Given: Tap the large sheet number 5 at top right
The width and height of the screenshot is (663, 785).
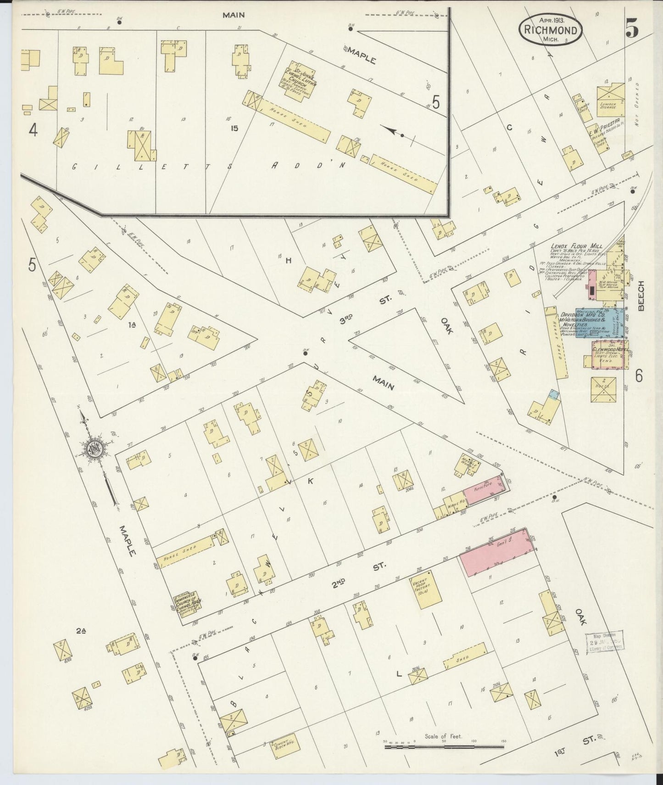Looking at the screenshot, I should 632,28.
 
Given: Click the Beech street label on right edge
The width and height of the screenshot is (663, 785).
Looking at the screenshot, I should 641,296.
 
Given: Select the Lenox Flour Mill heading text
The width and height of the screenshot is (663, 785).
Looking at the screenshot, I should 577,247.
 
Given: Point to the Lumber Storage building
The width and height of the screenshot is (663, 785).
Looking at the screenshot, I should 610,96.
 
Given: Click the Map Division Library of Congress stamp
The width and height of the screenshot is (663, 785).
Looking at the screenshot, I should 604,641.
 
